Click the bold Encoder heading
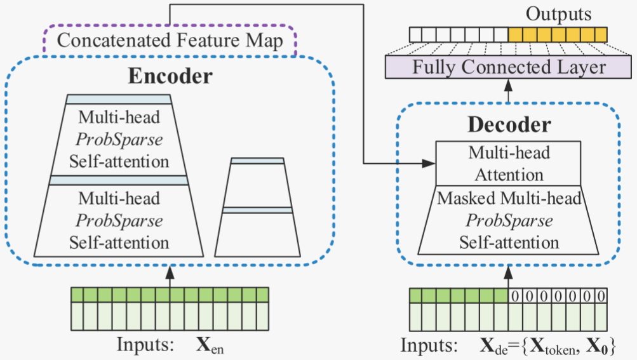coord(170,77)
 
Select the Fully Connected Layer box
coord(509,67)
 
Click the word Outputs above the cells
coord(558,14)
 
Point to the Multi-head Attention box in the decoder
coord(509,164)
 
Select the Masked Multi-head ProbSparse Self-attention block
coord(509,220)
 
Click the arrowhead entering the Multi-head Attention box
coord(430,164)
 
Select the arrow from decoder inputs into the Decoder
coord(509,274)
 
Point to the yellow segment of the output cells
coord(558,34)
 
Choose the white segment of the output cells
coord(459,34)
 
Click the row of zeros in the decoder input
coord(558,296)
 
